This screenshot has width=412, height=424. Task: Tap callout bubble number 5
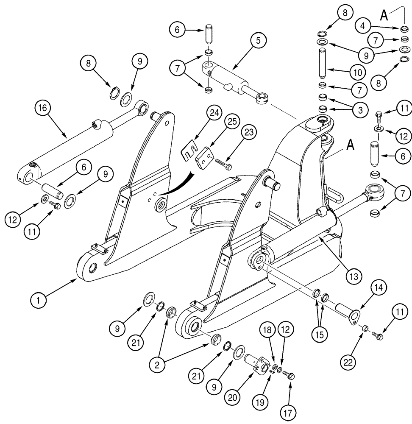258,41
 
